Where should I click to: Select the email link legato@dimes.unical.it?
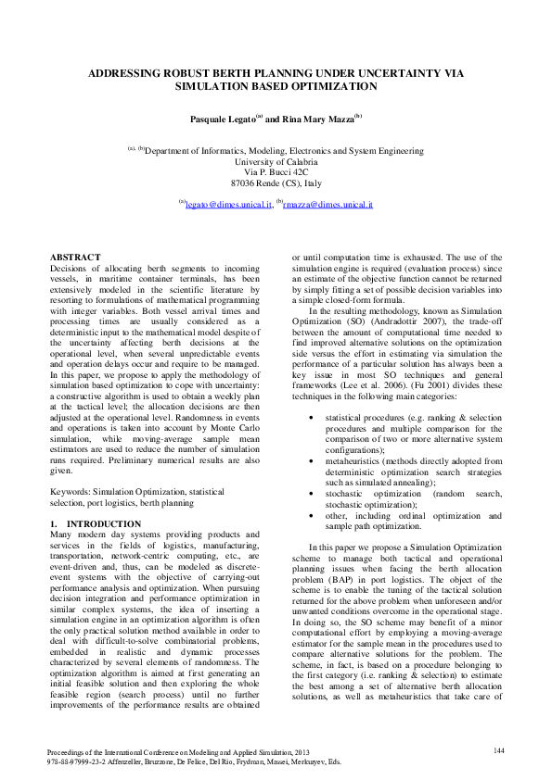[x=227, y=203]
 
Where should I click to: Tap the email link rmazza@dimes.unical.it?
[x=327, y=203]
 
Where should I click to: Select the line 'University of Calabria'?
[x=276, y=161]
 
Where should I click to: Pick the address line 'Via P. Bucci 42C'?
[x=276, y=172]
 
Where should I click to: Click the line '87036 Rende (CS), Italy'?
[x=276, y=183]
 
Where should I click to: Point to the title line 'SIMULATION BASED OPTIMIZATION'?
[x=276, y=86]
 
